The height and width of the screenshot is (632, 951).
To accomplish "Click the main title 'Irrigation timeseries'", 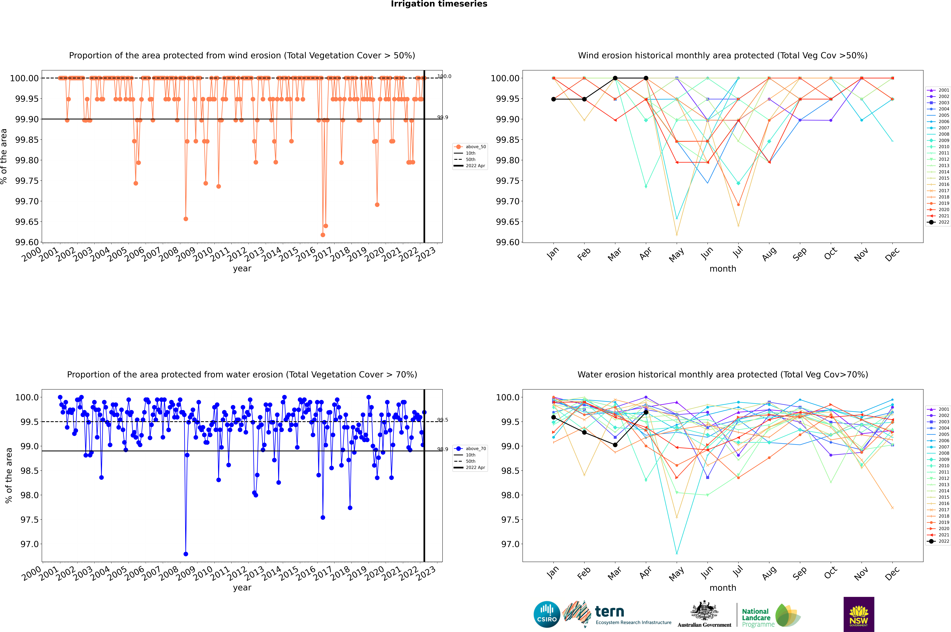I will click(439, 4).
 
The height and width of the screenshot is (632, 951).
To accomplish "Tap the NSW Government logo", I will click(859, 614).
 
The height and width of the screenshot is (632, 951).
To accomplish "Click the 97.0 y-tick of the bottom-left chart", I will click(29, 544).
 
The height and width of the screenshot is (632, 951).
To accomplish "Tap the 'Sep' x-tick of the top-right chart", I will click(799, 254).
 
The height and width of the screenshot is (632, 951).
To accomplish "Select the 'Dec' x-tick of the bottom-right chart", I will click(892, 573).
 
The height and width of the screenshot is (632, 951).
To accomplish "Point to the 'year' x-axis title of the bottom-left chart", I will click(242, 588).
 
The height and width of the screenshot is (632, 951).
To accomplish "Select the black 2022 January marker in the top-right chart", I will click(554, 99).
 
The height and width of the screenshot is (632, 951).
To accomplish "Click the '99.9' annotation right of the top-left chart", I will click(443, 117).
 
